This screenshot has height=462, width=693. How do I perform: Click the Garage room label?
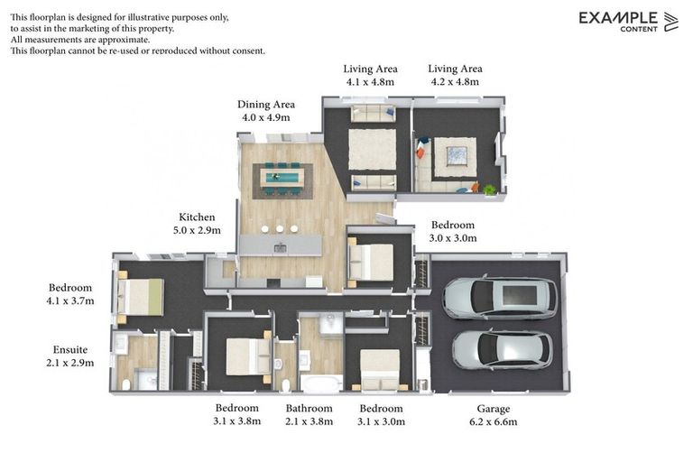coord(494,409)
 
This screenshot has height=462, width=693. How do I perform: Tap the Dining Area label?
coord(266,105)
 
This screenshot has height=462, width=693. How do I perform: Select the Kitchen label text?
coord(197,217)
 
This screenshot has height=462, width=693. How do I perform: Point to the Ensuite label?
coord(70,350)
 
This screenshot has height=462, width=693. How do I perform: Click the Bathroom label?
coord(309,408)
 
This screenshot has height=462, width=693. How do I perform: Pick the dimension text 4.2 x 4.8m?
coord(455,82)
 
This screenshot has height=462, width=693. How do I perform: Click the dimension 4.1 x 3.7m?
coord(70,301)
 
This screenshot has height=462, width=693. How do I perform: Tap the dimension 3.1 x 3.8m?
coord(237,420)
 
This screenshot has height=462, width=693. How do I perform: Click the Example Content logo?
coord(628,22)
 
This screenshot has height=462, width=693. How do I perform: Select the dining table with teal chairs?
coord(282,179)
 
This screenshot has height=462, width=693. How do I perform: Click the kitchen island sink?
coord(281,248)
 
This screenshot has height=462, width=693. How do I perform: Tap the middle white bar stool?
coord(280,229)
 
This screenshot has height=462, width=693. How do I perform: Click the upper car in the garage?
coord(500,298)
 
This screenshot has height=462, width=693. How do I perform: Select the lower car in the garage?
coord(502,350)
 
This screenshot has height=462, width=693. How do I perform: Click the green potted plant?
coord(489,190)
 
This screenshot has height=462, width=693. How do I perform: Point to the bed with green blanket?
coord(141,297)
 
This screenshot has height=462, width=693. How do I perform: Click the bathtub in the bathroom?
coord(321,383)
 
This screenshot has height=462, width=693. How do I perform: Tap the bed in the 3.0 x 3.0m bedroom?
coord(371,263)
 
